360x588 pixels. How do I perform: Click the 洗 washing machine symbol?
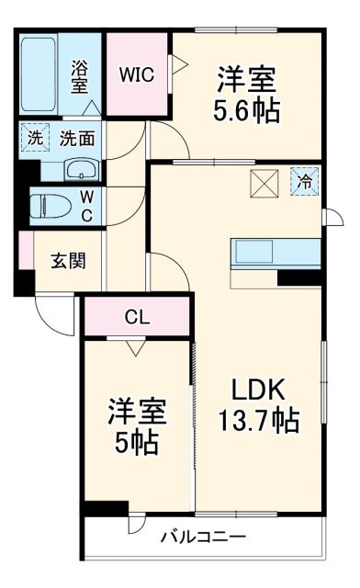pos(34,139)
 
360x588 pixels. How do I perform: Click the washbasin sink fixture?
pos(82,169)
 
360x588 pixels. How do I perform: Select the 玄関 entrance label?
pos(67,260)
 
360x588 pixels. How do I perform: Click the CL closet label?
pos(138,318)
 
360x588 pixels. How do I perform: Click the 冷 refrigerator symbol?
pos(303,181)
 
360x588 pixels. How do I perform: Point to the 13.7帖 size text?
pos(257,421)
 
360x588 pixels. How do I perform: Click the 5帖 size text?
pos(134,443)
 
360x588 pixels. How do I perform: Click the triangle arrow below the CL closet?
pos(138,347)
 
